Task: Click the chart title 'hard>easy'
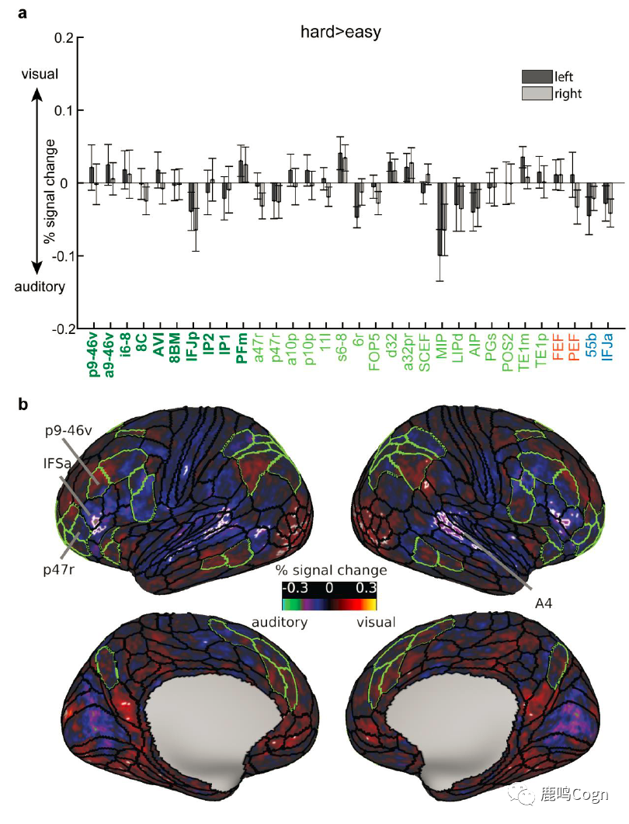[339, 32]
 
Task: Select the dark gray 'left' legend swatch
[535, 77]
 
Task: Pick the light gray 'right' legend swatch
[535, 94]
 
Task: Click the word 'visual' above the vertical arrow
[37, 75]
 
